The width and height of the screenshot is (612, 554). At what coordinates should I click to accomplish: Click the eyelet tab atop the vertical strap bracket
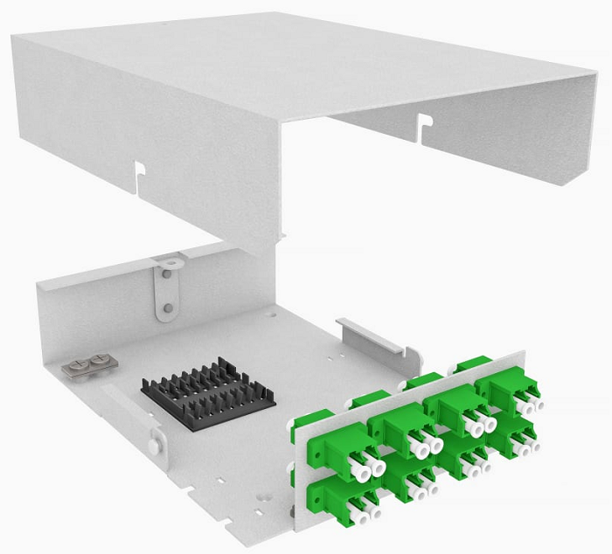click(x=168, y=260)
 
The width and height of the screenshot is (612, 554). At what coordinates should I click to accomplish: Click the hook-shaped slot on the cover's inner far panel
click(x=424, y=124)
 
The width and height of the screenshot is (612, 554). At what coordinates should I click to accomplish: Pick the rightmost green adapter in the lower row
click(x=515, y=437)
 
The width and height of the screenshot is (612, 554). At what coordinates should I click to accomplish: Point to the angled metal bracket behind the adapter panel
click(x=372, y=336)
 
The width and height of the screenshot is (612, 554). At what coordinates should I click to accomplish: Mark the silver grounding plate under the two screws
click(x=88, y=366)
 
